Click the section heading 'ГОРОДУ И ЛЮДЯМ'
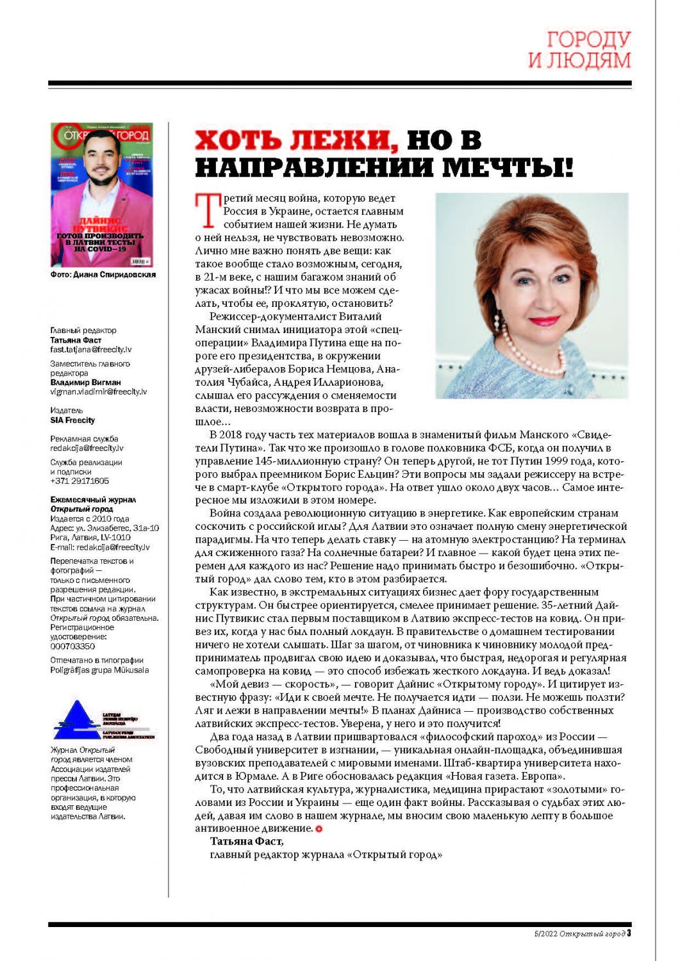pyautogui.click(x=579, y=49)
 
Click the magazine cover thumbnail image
pyautogui.click(x=102, y=195)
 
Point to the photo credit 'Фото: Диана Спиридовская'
pyautogui.click(x=103, y=275)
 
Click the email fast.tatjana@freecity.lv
pyautogui.click(x=90, y=350)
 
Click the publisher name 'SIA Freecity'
pyautogui.click(x=72, y=420)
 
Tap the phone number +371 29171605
pyautogui.click(x=79, y=481)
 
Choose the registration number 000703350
pyautogui.click(x=72, y=646)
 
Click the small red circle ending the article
pyautogui.click(x=319, y=829)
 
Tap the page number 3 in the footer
pyautogui.click(x=629, y=933)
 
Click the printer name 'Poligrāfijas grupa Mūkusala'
pyautogui.click(x=99, y=670)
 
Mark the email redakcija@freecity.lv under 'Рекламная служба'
pyautogui.click(x=87, y=448)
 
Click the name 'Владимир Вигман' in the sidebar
pyautogui.click(x=85, y=382)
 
